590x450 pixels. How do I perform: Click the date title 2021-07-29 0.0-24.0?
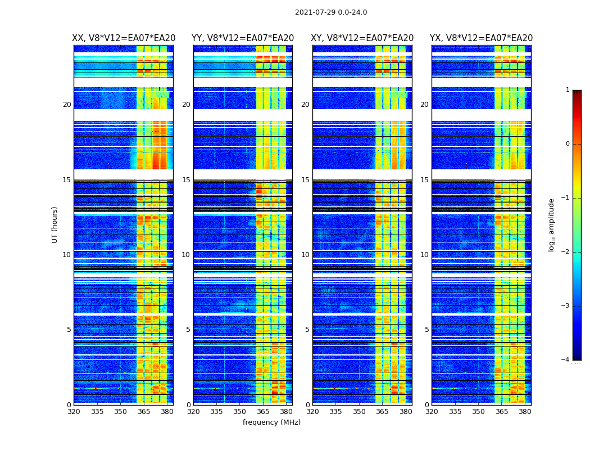[x=331, y=12]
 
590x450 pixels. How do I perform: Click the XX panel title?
[x=124, y=38]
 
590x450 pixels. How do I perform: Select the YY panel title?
[x=243, y=38]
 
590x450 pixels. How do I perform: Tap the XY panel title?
[x=362, y=38]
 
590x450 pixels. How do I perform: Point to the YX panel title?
[x=481, y=38]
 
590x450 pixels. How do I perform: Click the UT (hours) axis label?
[x=55, y=224]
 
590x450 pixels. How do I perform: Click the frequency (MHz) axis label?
[x=271, y=422]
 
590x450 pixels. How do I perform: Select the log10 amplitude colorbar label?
[x=552, y=224]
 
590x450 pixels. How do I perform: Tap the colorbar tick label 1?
[x=568, y=90]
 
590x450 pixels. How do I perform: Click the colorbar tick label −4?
[x=566, y=360]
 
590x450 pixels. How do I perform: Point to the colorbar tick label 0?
[x=568, y=144]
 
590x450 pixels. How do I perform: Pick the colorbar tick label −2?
[x=566, y=252]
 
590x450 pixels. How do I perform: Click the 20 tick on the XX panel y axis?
[x=67, y=105]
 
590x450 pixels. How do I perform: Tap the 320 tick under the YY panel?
[x=193, y=412]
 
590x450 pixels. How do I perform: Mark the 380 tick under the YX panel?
[x=525, y=412]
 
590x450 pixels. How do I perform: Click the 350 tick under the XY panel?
[x=359, y=412]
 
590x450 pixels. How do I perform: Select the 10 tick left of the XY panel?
[x=305, y=255]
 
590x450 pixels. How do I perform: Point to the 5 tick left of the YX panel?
[x=427, y=330]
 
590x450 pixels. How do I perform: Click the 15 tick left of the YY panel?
[x=186, y=180]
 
